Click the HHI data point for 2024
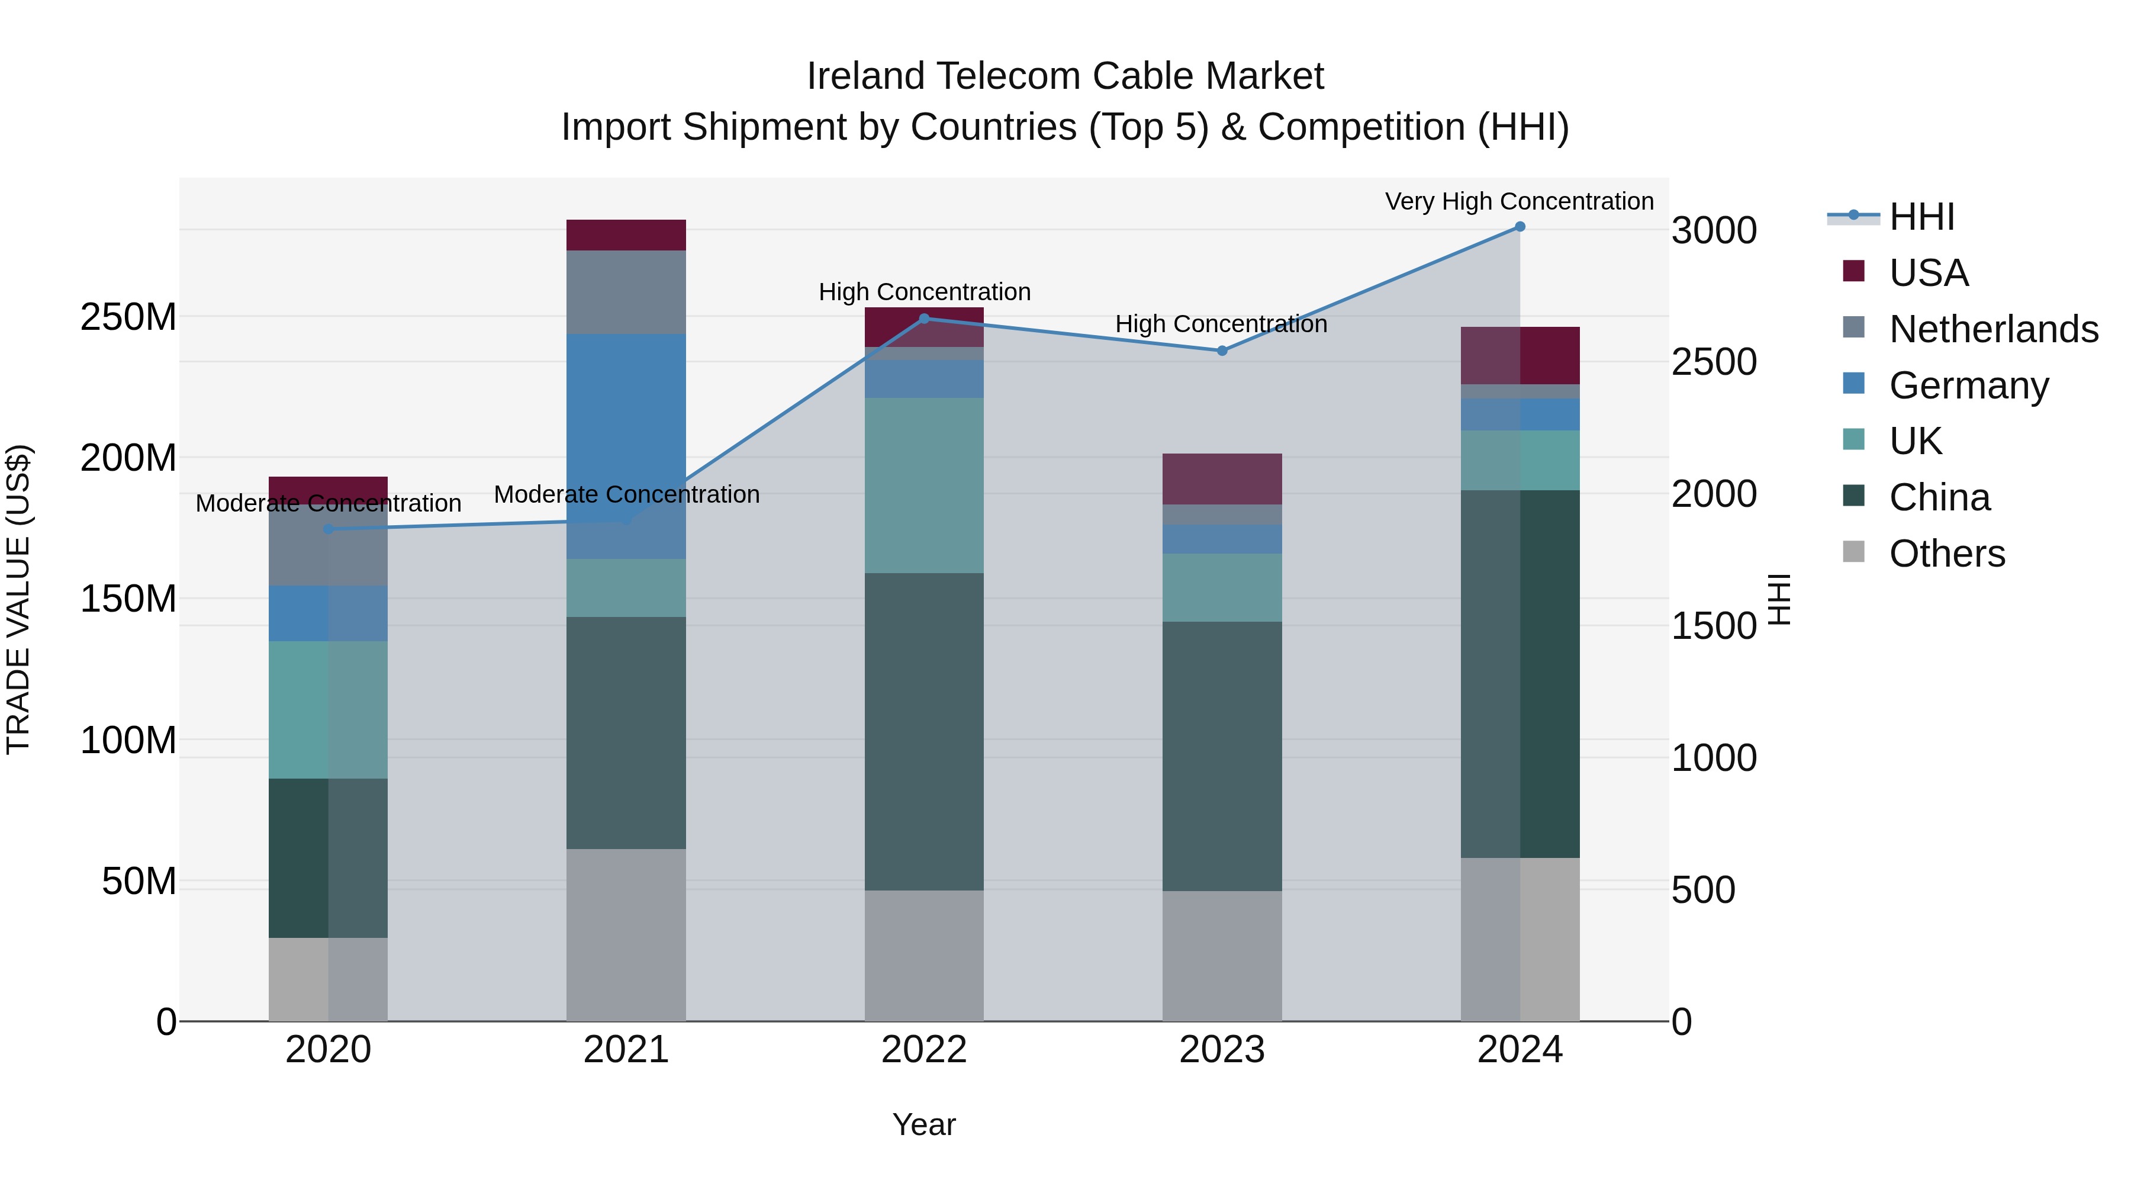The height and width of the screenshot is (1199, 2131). [1520, 227]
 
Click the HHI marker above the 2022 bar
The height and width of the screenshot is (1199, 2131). [924, 319]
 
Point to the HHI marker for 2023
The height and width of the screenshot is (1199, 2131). [1222, 351]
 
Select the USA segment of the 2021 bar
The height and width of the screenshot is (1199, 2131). [626, 235]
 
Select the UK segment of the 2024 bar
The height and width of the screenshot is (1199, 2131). [1520, 460]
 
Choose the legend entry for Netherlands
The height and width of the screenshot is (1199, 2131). [1994, 329]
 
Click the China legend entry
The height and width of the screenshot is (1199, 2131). [1939, 497]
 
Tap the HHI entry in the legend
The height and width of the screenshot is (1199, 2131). [1921, 217]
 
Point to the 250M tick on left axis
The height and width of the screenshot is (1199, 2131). [128, 317]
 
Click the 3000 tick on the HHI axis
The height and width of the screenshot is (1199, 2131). [1713, 231]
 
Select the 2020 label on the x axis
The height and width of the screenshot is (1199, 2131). [329, 1050]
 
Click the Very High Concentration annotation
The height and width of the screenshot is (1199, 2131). [1519, 201]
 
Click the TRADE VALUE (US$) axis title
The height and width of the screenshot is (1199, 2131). [18, 599]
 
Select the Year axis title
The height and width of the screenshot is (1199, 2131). [924, 1124]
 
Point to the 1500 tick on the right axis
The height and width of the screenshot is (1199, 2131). [1713, 626]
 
